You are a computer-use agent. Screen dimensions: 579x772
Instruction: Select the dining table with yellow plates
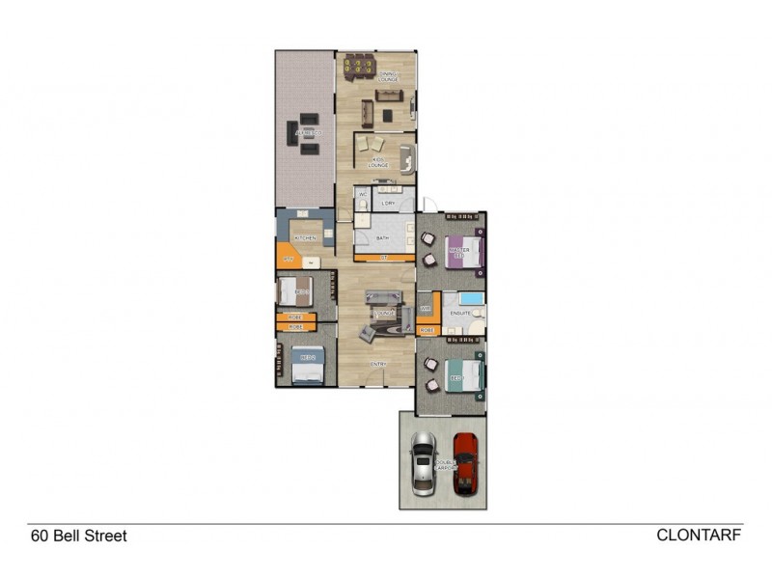pos(362,67)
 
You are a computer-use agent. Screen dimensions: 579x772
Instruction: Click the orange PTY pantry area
pos(287,259)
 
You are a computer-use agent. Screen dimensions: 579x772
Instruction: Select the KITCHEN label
pos(305,237)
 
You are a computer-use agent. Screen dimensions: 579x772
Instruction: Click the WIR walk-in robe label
pos(425,309)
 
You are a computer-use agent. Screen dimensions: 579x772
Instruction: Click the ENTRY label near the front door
pos(379,364)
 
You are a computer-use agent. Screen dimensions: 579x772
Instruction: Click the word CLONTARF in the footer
pos(699,534)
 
